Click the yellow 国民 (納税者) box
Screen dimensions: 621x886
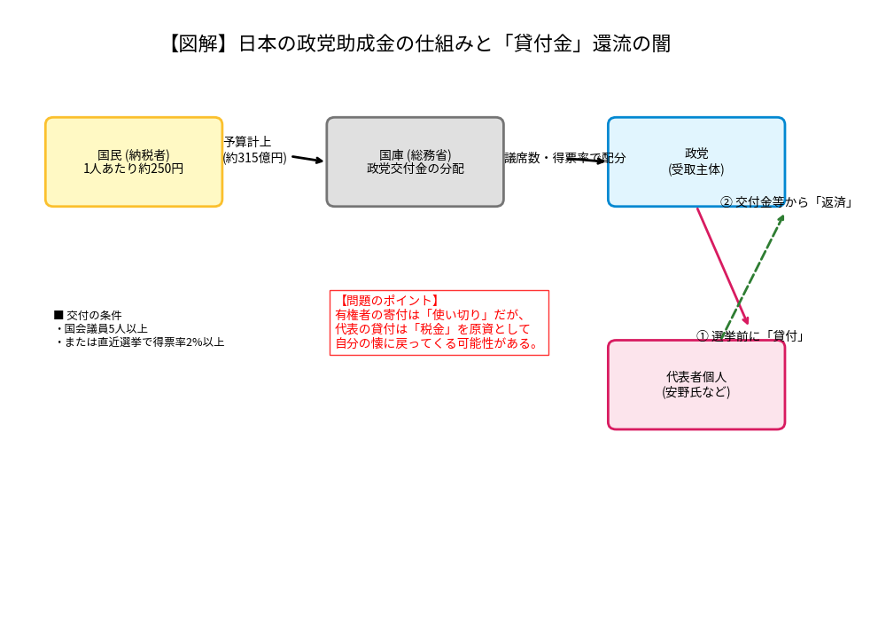(x=134, y=161)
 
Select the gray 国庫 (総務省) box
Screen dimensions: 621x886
(x=415, y=161)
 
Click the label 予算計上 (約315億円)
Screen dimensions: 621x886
(x=254, y=150)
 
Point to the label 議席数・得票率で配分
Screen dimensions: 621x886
(x=564, y=158)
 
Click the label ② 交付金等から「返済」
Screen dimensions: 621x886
(x=786, y=202)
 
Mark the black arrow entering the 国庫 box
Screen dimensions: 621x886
(x=307, y=159)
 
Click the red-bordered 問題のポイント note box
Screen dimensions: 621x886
(x=439, y=323)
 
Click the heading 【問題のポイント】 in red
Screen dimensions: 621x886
(x=388, y=301)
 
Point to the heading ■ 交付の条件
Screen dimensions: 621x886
(x=88, y=315)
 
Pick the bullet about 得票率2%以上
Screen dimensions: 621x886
(x=139, y=342)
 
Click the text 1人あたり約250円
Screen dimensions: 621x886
(x=134, y=169)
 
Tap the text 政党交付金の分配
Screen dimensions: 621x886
(x=415, y=169)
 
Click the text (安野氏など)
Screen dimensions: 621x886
(x=696, y=392)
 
